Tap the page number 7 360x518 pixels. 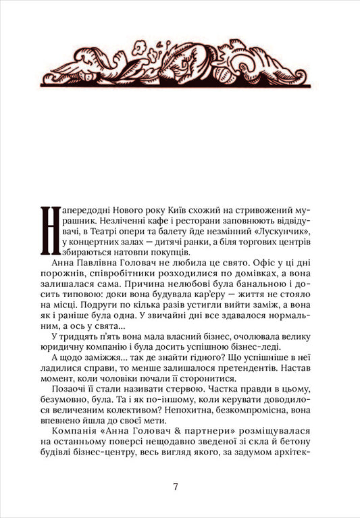[176, 488]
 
